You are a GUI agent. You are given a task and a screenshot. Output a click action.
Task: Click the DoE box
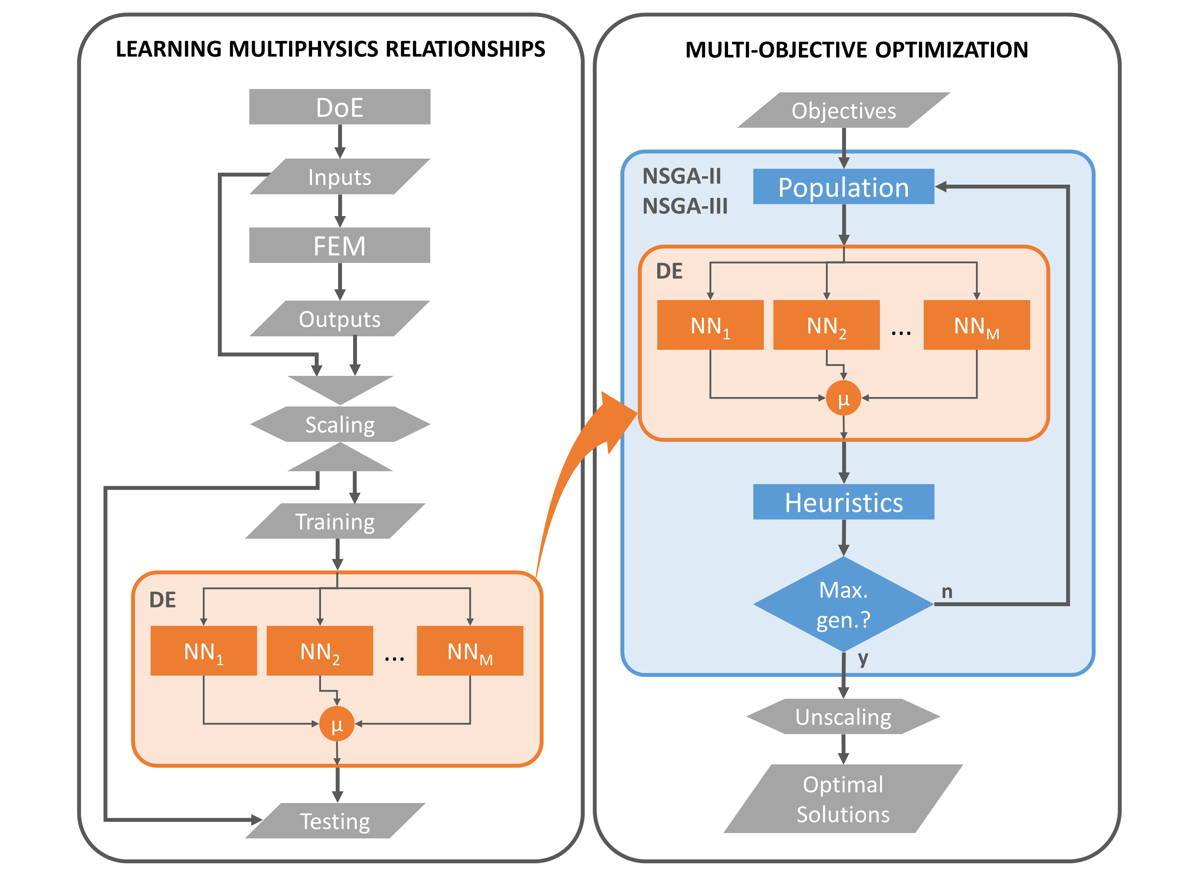click(x=340, y=107)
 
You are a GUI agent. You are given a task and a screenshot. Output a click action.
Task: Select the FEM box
click(x=340, y=246)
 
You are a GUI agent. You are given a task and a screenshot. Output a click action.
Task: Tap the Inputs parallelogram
click(x=340, y=177)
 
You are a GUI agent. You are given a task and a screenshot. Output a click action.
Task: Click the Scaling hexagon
click(x=340, y=424)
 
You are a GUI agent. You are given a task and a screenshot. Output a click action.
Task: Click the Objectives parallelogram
click(x=844, y=110)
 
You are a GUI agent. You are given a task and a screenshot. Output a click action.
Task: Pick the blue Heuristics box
click(x=844, y=502)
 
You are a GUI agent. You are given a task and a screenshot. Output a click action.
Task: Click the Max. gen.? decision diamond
click(x=844, y=604)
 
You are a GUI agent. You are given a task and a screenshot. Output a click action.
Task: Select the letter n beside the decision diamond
click(x=947, y=592)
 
